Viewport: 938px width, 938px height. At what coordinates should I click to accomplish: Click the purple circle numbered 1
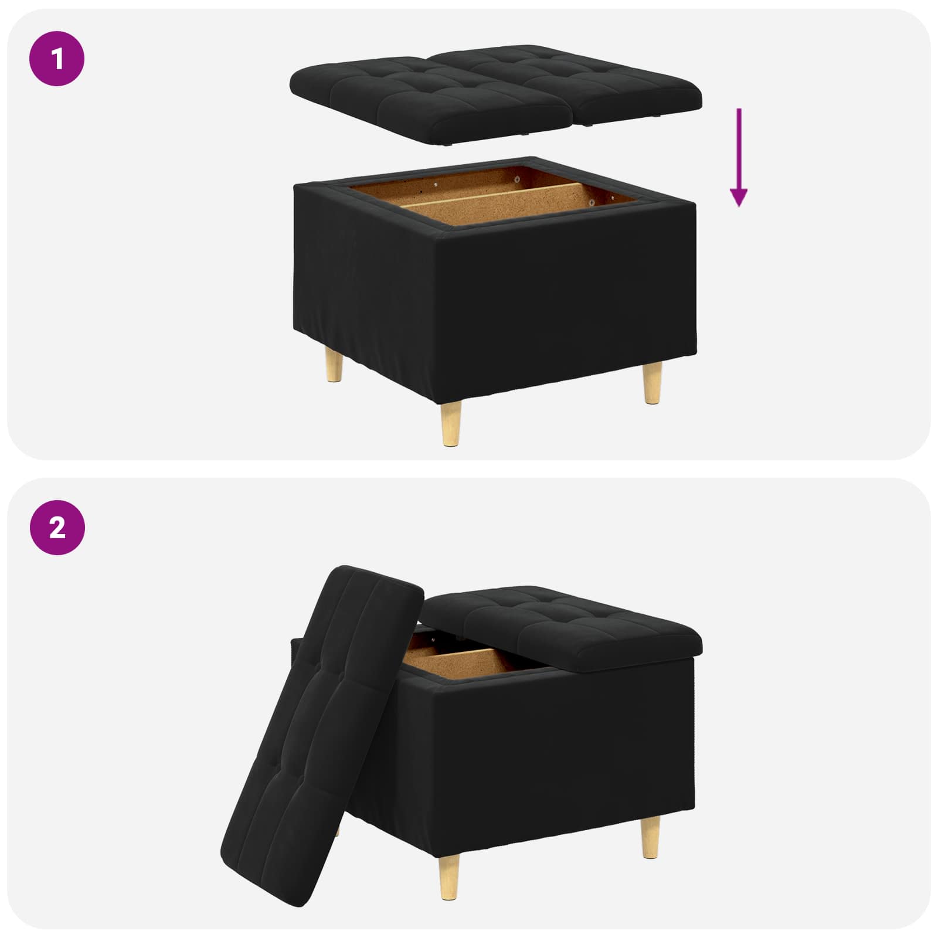[x=57, y=59]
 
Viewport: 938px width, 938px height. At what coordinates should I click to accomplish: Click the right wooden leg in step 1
[x=652, y=382]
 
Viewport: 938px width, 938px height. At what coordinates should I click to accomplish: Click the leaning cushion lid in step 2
[x=322, y=727]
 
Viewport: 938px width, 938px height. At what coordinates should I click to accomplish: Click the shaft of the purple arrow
[x=739, y=147]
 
